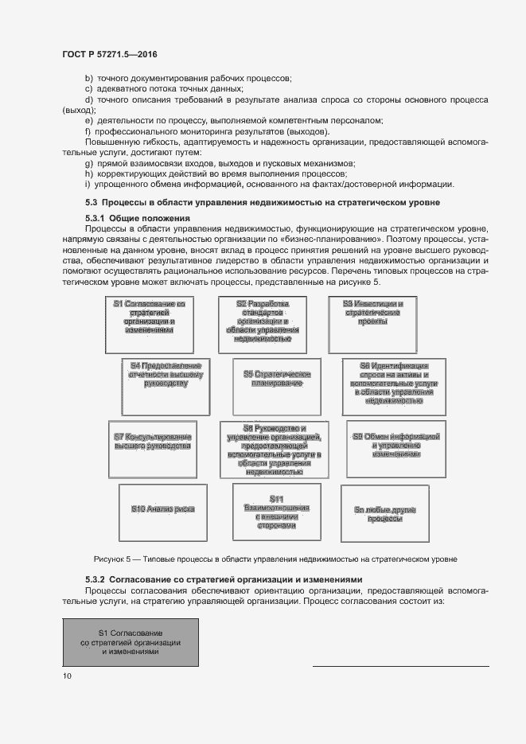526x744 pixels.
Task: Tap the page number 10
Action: [x=67, y=676]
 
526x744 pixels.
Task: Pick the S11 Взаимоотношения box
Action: [x=276, y=511]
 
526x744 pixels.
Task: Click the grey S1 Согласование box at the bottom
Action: [x=131, y=641]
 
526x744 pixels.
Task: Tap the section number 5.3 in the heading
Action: [x=91, y=203]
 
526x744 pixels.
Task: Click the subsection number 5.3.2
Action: [x=95, y=579]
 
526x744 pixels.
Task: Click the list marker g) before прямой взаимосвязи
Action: [x=88, y=163]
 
